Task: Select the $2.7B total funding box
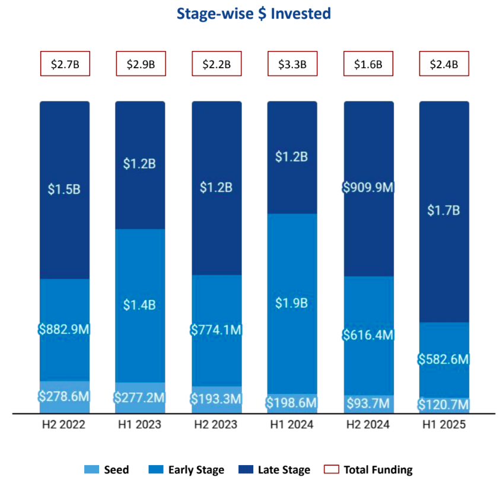point(65,64)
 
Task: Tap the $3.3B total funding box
point(292,64)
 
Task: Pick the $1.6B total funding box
point(368,64)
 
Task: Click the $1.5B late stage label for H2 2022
point(65,190)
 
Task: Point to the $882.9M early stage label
point(65,330)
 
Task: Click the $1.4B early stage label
point(140,305)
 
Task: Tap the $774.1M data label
point(216,330)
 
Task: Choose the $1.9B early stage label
point(292,303)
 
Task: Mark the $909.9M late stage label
point(368,187)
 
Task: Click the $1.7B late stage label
point(444,211)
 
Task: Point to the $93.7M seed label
point(368,405)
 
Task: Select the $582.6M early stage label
point(444,359)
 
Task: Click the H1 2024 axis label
point(292,425)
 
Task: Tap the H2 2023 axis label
point(216,425)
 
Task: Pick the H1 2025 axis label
point(444,425)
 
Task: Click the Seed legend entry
point(107,470)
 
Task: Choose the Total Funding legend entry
point(368,470)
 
